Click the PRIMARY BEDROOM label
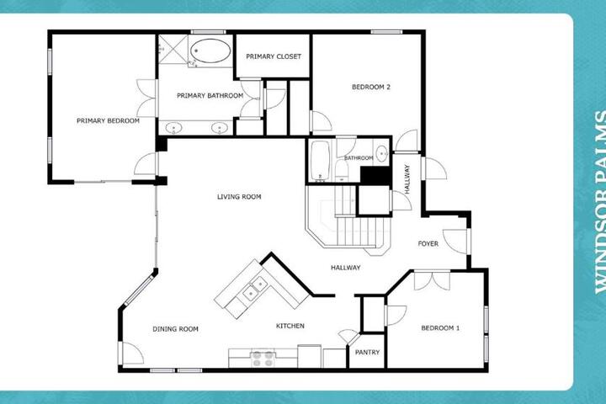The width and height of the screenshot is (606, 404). [108, 120]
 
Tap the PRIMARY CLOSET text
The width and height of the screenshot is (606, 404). [274, 56]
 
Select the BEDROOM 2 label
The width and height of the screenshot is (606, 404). [371, 87]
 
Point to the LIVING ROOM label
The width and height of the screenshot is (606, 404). [239, 197]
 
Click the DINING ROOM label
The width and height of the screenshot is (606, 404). [175, 329]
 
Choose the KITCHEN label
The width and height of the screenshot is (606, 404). [290, 326]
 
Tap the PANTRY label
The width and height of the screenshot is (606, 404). [367, 352]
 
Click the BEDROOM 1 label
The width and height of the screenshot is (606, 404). [440, 328]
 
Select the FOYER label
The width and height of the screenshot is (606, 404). [428, 243]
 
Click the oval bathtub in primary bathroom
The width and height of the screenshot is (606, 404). [210, 50]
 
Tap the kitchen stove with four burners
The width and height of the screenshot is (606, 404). [263, 359]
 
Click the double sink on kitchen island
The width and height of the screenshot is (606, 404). [255, 289]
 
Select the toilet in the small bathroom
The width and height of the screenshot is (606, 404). [342, 170]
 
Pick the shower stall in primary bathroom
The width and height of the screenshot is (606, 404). [173, 50]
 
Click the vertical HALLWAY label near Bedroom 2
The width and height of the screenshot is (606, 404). [407, 179]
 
